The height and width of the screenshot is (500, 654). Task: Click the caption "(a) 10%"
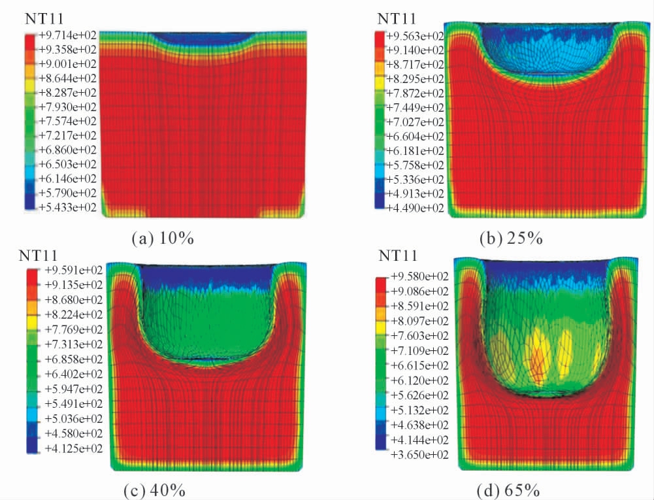(x=162, y=238)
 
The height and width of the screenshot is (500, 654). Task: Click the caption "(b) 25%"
(x=512, y=238)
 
